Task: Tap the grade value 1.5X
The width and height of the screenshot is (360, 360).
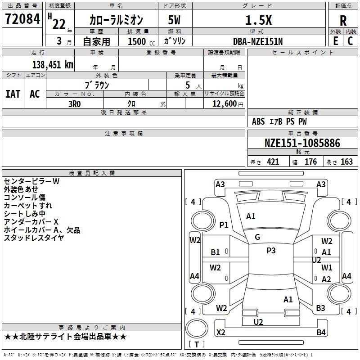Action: coord(258,20)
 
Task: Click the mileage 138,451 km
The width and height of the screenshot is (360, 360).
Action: coord(53,64)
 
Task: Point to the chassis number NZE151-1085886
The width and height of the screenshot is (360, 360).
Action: coord(302,144)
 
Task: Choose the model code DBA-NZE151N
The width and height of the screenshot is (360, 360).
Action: coord(258,41)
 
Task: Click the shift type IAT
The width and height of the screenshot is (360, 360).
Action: coord(13,94)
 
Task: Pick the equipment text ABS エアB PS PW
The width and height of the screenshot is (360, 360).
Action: coord(279,121)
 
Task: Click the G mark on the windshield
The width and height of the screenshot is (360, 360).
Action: coord(257,237)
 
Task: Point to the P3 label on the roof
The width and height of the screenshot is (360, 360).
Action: coord(270,251)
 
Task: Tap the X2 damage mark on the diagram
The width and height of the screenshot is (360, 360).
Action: coord(221,332)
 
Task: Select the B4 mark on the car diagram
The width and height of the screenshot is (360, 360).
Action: coord(321,333)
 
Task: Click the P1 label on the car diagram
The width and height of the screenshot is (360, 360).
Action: coord(224,225)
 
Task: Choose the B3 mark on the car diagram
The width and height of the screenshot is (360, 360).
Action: coord(320,308)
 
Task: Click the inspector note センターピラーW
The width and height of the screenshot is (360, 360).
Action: coord(31,181)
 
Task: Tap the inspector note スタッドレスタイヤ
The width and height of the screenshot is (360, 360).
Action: coord(34,238)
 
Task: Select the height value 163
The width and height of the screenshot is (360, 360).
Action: coord(346,162)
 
